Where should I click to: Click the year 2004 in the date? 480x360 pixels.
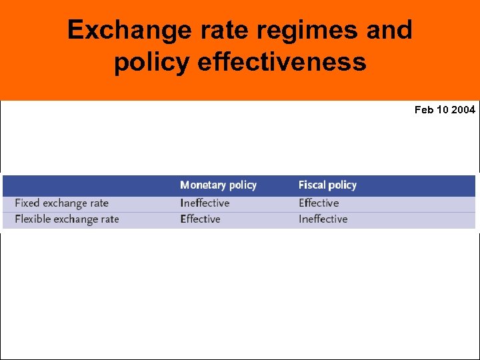[463, 110]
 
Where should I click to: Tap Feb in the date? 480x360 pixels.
[424, 110]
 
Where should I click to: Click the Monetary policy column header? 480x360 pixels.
[218, 185]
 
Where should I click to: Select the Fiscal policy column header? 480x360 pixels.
[327, 185]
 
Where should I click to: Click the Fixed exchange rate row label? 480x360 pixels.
[61, 203]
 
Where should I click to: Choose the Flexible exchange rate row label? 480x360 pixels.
[67, 219]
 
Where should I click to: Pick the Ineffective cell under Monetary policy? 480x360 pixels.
[205, 203]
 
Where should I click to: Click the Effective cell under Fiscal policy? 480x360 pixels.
[319, 203]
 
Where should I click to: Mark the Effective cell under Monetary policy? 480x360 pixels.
[200, 219]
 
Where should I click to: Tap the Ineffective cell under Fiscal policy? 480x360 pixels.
[323, 219]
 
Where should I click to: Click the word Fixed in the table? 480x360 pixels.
[27, 203]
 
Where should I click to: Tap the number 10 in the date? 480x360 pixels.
[443, 110]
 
